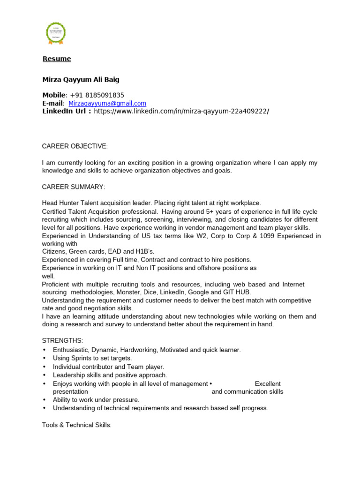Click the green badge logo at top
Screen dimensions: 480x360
tap(56, 33)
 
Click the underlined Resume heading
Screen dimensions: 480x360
tap(57, 59)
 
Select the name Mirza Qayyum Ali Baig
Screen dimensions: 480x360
tap(81, 79)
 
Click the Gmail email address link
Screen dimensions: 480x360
tap(107, 103)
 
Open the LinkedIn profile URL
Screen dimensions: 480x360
tap(181, 111)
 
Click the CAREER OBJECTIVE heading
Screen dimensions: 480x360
tap(75, 146)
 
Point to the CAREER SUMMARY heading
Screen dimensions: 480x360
tap(74, 187)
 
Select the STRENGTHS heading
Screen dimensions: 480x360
tap(62, 340)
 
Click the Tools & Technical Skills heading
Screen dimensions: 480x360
tap(77, 425)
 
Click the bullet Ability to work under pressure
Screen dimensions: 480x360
tap(96, 400)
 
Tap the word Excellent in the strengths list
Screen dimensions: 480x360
tap(267, 383)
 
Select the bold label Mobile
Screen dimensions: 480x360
tap(54, 95)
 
